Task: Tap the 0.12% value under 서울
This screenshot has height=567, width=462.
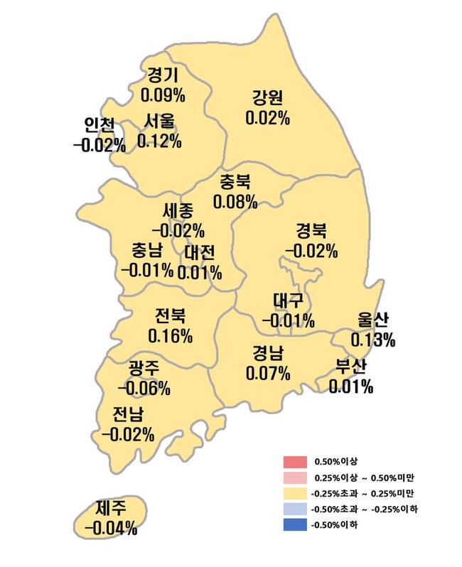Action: (159, 141)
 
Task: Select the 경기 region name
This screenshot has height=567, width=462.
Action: (163, 75)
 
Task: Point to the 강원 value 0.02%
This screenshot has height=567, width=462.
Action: (267, 118)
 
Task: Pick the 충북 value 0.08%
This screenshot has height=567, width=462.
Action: (235, 202)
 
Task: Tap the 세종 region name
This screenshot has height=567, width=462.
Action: (178, 211)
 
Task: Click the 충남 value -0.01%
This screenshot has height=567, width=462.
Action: (147, 270)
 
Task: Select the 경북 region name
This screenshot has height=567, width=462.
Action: (311, 231)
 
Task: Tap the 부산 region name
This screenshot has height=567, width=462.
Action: (350, 367)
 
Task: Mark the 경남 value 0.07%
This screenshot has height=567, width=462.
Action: (268, 372)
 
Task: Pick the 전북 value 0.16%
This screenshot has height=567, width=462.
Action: (170, 335)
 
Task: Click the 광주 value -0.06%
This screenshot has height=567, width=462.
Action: (144, 388)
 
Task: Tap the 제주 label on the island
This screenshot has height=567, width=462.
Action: (111, 509)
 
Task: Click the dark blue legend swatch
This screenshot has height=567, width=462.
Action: (294, 525)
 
